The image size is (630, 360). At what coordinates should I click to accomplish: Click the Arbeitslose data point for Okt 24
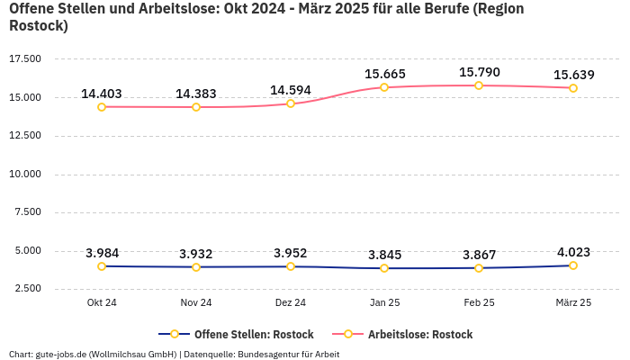tap(102, 107)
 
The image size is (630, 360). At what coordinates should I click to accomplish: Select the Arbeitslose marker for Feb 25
tap(479, 85)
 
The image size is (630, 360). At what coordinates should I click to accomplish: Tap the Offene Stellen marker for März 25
tap(573, 265)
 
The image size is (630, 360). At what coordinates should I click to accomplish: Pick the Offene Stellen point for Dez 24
tap(291, 266)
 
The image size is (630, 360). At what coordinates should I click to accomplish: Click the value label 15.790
tap(479, 72)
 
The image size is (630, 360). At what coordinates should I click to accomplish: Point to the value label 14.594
tap(291, 90)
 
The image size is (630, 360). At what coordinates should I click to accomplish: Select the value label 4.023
tap(573, 252)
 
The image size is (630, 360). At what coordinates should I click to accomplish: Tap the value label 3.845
tap(384, 255)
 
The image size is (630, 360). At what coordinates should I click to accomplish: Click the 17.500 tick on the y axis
tap(25, 58)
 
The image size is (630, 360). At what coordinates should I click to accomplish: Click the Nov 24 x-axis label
tap(196, 303)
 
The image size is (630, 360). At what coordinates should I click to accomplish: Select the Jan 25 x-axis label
tap(384, 303)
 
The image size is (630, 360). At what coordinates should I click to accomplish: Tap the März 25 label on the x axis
tap(573, 303)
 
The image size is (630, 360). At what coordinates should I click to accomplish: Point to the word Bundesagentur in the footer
tap(279, 354)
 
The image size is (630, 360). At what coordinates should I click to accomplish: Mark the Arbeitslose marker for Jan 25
tap(384, 87)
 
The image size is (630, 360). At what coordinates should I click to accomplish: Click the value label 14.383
tap(196, 94)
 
